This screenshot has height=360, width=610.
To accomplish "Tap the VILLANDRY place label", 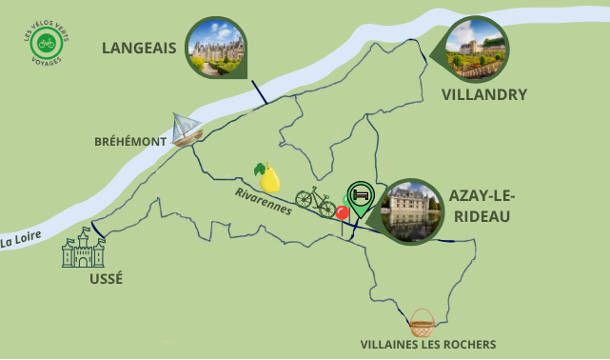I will pos(484,95).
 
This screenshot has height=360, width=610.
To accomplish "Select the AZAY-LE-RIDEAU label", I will pos(481,206).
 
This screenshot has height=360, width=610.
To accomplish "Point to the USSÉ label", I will pos(105,278).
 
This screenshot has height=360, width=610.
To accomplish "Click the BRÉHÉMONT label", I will pos(129,141).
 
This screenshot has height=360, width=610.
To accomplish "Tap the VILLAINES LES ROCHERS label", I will pos(427,345).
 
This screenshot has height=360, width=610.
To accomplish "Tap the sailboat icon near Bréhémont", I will pos(187,129).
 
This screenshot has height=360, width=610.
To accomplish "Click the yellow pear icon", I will pos(268,177).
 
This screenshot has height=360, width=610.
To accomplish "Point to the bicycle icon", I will pos(315,197).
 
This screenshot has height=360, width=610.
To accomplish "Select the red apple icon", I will pos(342,211).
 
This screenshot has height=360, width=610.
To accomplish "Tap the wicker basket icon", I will pos(422,322).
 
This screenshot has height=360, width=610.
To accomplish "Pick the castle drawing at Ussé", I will pos(83,249).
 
